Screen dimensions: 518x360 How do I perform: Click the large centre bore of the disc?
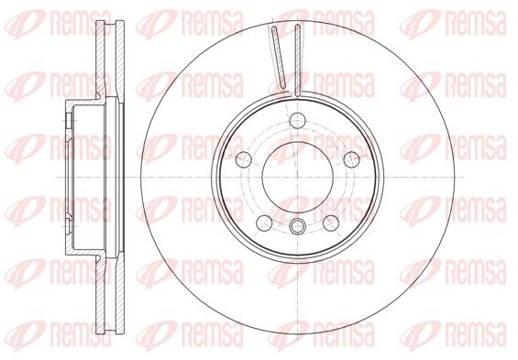pos(297,177)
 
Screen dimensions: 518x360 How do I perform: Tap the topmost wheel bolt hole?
pos(297,120)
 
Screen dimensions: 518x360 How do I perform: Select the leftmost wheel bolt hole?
pos(244,159)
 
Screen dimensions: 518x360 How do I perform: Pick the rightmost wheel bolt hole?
pos(351,159)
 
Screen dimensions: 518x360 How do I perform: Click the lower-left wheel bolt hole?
pos(264,224)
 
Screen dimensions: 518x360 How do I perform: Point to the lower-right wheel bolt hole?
pos(331,224)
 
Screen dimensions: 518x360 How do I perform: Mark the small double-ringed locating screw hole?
pos(297,226)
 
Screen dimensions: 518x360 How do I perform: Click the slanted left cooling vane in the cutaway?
pos(279,58)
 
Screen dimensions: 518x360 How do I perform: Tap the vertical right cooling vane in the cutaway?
pos(298,60)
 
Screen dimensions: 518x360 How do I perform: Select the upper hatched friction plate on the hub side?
pos(101,60)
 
